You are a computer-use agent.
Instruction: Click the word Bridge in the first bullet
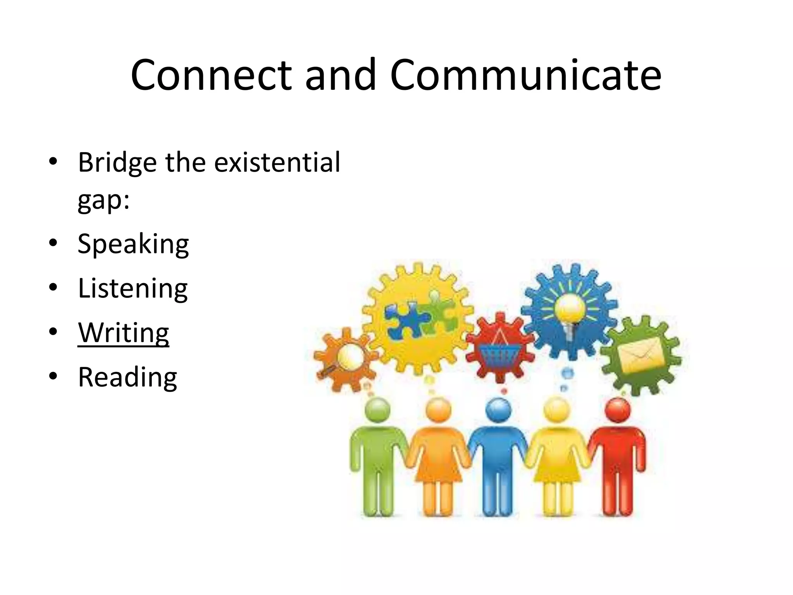pyautogui.click(x=117, y=163)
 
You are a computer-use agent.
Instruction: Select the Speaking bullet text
pyautogui.click(x=133, y=244)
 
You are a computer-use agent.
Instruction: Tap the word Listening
pyautogui.click(x=133, y=289)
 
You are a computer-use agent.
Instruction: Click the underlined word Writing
pyautogui.click(x=124, y=333)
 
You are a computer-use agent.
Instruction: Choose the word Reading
pyautogui.click(x=127, y=377)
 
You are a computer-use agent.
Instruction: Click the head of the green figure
pyautogui.click(x=378, y=410)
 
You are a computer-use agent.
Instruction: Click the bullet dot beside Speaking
pyautogui.click(x=53, y=243)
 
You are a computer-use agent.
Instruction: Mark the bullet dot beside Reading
pyautogui.click(x=53, y=376)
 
